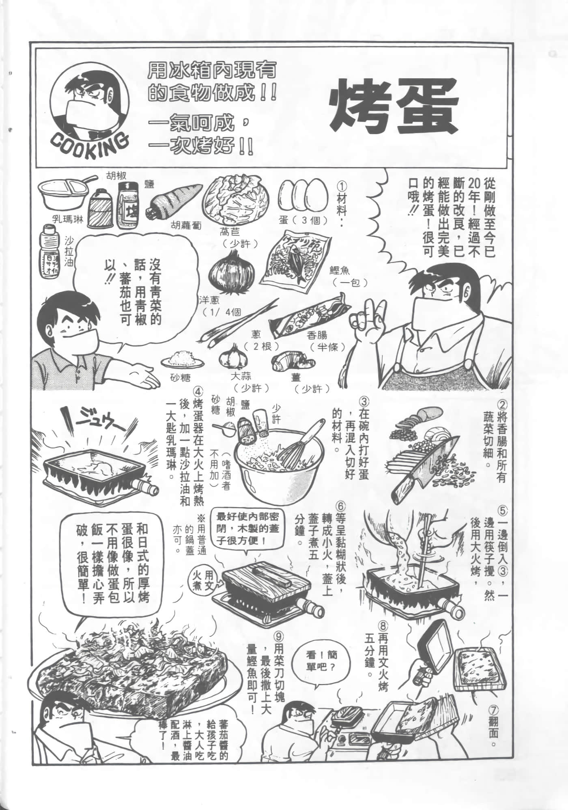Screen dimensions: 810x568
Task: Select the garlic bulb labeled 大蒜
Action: (x=232, y=357)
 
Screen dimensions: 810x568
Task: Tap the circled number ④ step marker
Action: (x=198, y=392)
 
